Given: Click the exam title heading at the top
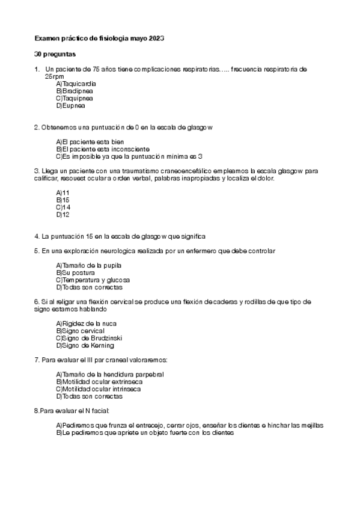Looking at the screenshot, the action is pyautogui.click(x=99, y=38).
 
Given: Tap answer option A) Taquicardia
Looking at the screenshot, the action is pyautogui.click(x=76, y=84).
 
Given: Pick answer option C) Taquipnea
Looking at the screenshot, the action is pyautogui.click(x=74, y=98).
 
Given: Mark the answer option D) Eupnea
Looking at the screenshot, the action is pyautogui.click(x=71, y=105).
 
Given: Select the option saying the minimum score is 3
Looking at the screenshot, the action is pyautogui.click(x=129, y=156).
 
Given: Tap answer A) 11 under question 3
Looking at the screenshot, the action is pyautogui.click(x=63, y=192).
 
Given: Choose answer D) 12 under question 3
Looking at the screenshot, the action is pyautogui.click(x=63, y=214).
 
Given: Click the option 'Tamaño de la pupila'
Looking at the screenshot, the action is pyautogui.click(x=89, y=265).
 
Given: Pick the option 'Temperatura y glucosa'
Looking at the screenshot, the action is pyautogui.click(x=93, y=280).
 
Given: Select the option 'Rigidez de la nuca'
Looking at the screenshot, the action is pyautogui.click(x=87, y=324).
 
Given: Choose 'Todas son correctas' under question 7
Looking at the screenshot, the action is pyautogui.click(x=89, y=396).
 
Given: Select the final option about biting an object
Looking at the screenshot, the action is pyautogui.click(x=144, y=432).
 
